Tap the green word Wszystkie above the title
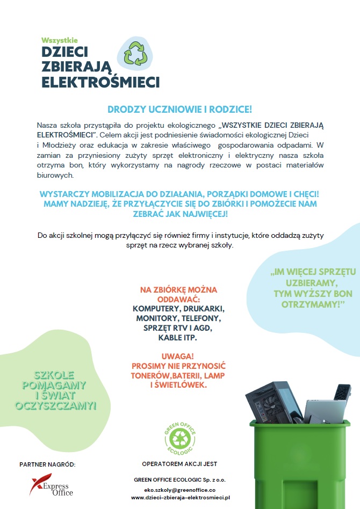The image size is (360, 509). (60, 40)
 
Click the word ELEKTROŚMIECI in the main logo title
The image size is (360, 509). (100, 82)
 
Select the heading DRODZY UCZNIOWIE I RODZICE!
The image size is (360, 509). (179, 110)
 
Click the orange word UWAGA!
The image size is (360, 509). (177, 357)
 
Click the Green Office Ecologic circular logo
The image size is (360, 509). (179, 435)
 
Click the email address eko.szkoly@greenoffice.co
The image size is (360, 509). (180, 490)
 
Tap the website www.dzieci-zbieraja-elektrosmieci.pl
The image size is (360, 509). (180, 498)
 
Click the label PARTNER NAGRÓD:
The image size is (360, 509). (47, 463)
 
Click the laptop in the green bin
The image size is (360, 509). (325, 411)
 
